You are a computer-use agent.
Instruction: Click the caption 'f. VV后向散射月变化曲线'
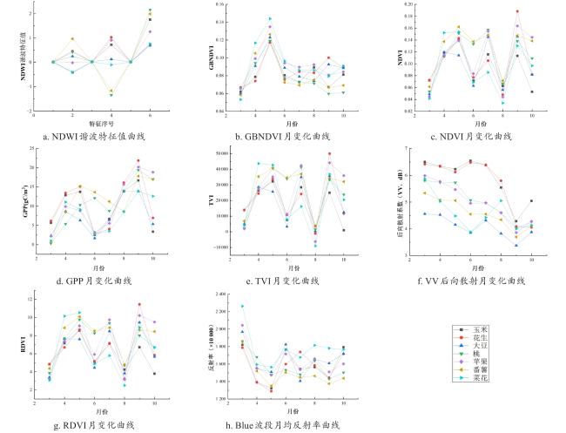[x=473, y=281]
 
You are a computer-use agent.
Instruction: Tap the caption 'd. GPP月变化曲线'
[x=91, y=281]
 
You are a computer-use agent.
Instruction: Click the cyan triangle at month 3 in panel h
[x=241, y=307]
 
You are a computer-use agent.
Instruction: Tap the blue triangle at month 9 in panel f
[x=516, y=245]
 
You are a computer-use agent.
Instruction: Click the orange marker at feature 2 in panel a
[x=72, y=39]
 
